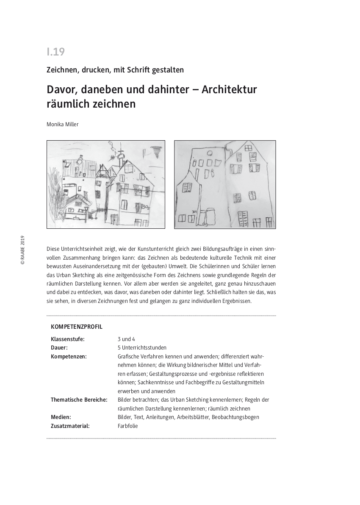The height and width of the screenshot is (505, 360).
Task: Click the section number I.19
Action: point(55,52)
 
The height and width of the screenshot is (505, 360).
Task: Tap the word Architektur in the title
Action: point(229,90)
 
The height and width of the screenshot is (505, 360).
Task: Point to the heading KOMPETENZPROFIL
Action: point(77,327)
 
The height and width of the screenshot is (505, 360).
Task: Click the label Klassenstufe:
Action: point(68,339)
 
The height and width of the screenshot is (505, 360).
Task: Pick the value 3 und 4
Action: point(127,339)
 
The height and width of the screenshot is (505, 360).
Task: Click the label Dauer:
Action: point(59,348)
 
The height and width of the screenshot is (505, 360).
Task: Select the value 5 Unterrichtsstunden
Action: point(142,348)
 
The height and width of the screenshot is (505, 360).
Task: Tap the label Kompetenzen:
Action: point(69,357)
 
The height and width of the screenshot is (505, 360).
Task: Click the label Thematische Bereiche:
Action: point(79,400)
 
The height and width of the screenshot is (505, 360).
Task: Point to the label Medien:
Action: point(61,417)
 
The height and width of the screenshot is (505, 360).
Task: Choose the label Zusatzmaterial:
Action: point(70,426)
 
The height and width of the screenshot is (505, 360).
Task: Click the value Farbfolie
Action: point(127,426)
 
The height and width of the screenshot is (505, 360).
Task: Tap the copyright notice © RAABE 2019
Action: point(22,250)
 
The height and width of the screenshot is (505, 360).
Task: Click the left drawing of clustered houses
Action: point(106,184)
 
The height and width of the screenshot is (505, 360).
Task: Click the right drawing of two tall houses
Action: point(225,184)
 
